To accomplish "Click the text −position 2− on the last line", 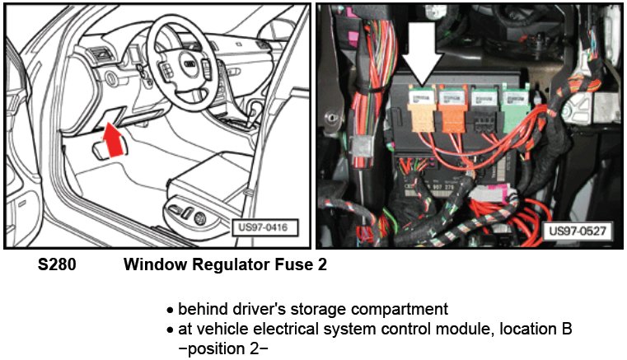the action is tap(216, 348).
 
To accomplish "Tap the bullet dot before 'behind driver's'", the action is tap(170, 311).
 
